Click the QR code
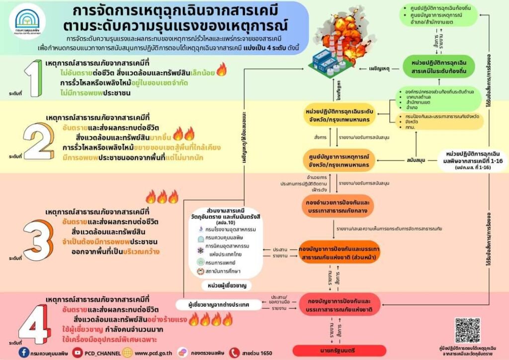(x=468, y=331)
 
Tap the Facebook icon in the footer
(x=23, y=352)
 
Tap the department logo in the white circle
(x=27, y=22)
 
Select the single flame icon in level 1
(x=221, y=70)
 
